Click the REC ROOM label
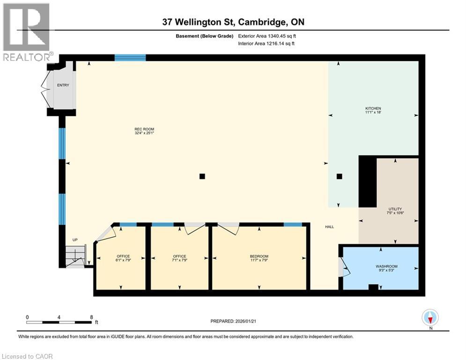click(x=144, y=129)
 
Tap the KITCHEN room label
click(x=373, y=108)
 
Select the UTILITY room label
click(x=395, y=209)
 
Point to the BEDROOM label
click(x=259, y=256)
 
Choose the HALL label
click(x=330, y=227)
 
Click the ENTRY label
click(x=63, y=85)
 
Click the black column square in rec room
click(x=202, y=176)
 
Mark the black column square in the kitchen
click(x=340, y=176)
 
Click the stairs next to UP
click(x=75, y=256)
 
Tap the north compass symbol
click(x=430, y=317)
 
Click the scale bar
click(x=59, y=322)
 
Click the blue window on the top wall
click(x=130, y=58)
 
